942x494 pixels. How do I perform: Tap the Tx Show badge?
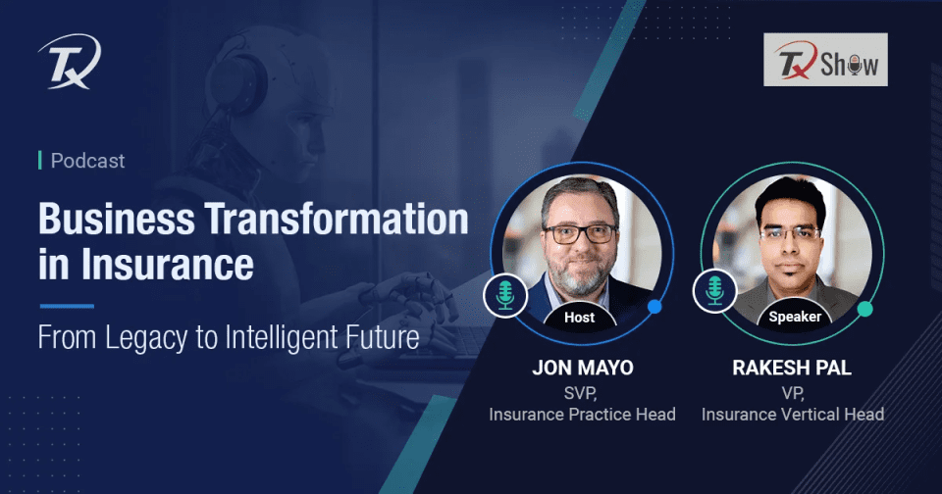825,60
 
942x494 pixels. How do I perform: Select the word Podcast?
87,161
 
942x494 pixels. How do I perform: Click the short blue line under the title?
66,306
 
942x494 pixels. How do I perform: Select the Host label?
580,317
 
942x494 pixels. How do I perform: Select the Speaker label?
793,317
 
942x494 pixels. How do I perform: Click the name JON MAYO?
582,370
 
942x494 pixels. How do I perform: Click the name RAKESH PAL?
793,370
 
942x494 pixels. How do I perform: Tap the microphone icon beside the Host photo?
506,295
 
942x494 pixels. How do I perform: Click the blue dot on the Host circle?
654,307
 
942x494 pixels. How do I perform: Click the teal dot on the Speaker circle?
865,309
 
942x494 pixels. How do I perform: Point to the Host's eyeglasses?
579,234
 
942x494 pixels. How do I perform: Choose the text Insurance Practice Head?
582,415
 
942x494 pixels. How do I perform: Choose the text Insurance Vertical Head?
793,415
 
